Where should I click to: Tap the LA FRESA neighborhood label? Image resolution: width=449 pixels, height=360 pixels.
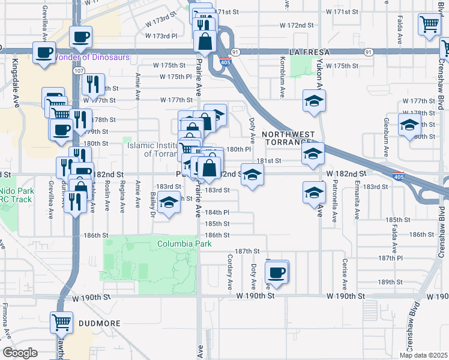point(306,52)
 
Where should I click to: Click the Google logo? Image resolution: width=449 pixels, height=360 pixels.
point(20,353)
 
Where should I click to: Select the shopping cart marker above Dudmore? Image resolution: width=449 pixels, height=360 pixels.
point(61,322)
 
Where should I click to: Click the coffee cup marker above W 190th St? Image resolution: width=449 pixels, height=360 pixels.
point(277,272)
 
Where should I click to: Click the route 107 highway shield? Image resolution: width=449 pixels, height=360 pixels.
point(79,70)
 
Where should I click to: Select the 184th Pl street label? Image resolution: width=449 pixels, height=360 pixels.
point(217,212)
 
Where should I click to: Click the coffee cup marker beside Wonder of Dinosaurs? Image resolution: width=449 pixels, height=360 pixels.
point(44,53)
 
